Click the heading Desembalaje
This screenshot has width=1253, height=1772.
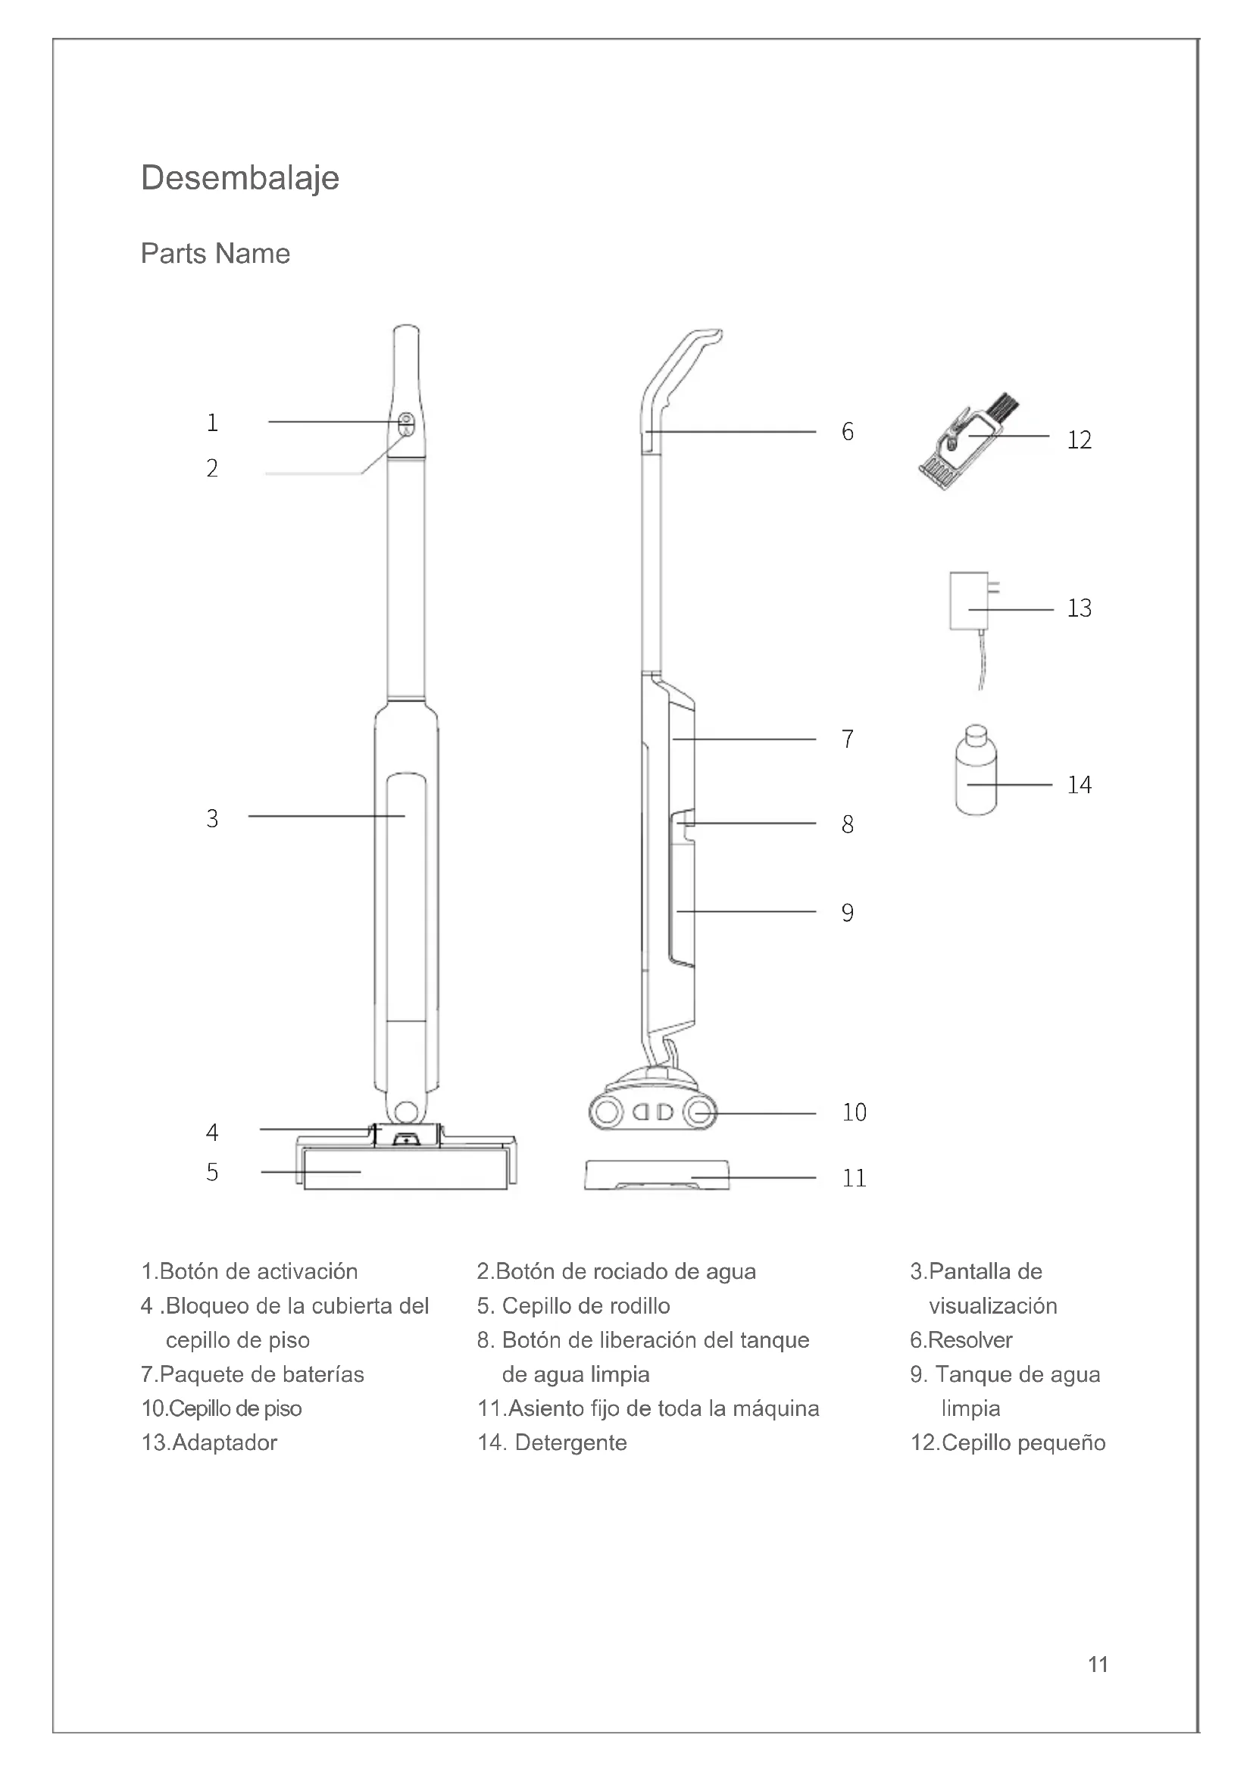click(x=240, y=179)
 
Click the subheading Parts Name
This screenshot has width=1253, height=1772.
click(x=215, y=254)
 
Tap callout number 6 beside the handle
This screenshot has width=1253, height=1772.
click(x=847, y=431)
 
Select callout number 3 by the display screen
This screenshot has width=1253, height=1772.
click(x=212, y=818)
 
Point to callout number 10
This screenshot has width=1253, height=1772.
click(x=854, y=1112)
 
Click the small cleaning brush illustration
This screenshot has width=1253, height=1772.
click(x=966, y=444)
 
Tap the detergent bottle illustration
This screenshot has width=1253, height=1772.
click(x=976, y=773)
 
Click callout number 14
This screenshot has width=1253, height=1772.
click(x=1079, y=785)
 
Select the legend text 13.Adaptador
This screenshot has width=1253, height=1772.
click(x=209, y=1442)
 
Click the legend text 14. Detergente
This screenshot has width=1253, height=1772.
click(x=552, y=1442)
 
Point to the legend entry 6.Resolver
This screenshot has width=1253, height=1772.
click(x=961, y=1340)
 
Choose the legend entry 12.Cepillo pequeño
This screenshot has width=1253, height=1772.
click(x=1008, y=1442)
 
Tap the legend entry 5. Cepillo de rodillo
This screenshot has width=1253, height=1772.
click(x=573, y=1306)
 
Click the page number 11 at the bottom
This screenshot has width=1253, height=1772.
click(x=1098, y=1664)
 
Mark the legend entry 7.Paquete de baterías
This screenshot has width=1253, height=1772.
click(x=252, y=1374)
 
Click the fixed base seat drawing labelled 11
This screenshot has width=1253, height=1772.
click(x=657, y=1177)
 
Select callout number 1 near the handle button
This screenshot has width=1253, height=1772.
click(x=212, y=423)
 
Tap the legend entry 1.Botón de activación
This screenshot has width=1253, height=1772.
click(x=249, y=1271)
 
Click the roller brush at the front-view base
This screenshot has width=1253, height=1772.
click(x=405, y=1170)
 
